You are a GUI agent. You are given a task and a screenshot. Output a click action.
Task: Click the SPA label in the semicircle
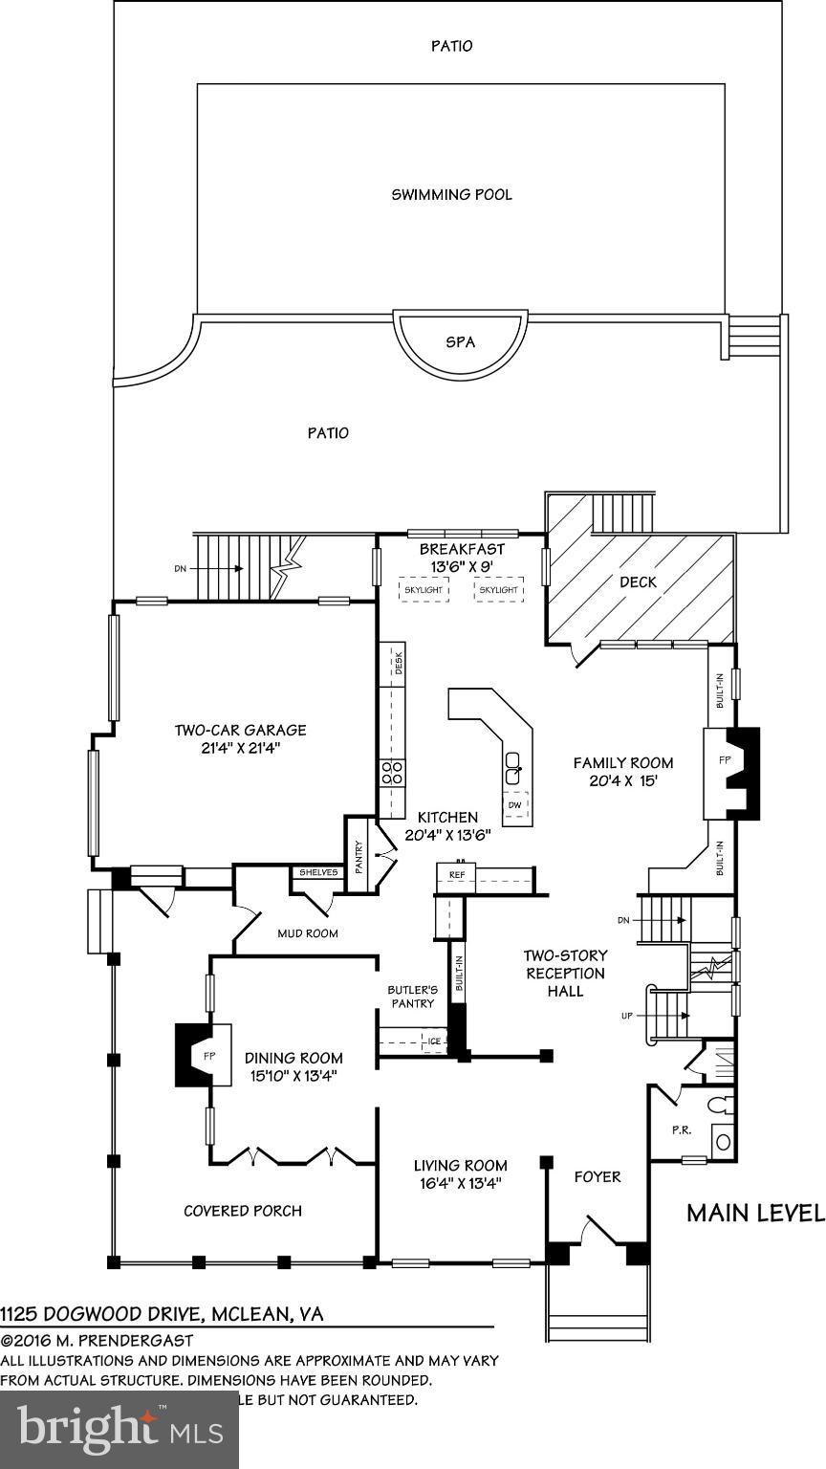tap(461, 341)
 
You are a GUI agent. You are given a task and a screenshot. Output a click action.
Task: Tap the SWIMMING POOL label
tap(451, 194)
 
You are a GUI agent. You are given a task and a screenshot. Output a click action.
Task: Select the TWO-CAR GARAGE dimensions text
tap(240, 748)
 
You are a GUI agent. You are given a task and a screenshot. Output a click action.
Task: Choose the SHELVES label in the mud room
tap(318, 871)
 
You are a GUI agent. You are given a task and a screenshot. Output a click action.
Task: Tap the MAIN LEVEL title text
tap(755, 1213)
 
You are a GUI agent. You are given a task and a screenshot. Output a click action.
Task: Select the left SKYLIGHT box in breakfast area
tap(423, 590)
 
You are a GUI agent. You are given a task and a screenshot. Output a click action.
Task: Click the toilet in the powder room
tap(721, 1106)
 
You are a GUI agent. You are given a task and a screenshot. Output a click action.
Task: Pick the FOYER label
tap(597, 1176)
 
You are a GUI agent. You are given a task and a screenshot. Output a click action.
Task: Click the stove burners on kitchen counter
tap(392, 773)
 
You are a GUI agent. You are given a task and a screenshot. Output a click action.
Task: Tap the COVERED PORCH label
tap(243, 1211)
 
